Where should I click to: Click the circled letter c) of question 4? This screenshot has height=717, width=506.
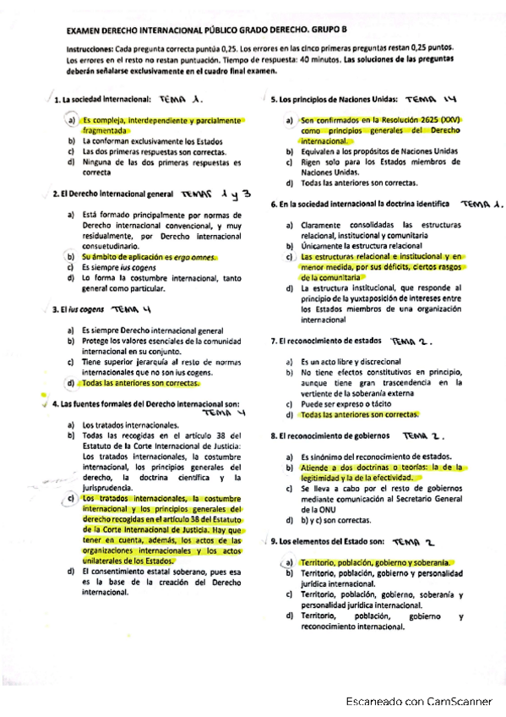[x=72, y=500]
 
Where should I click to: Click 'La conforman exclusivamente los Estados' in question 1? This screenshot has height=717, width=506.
[x=152, y=141]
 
